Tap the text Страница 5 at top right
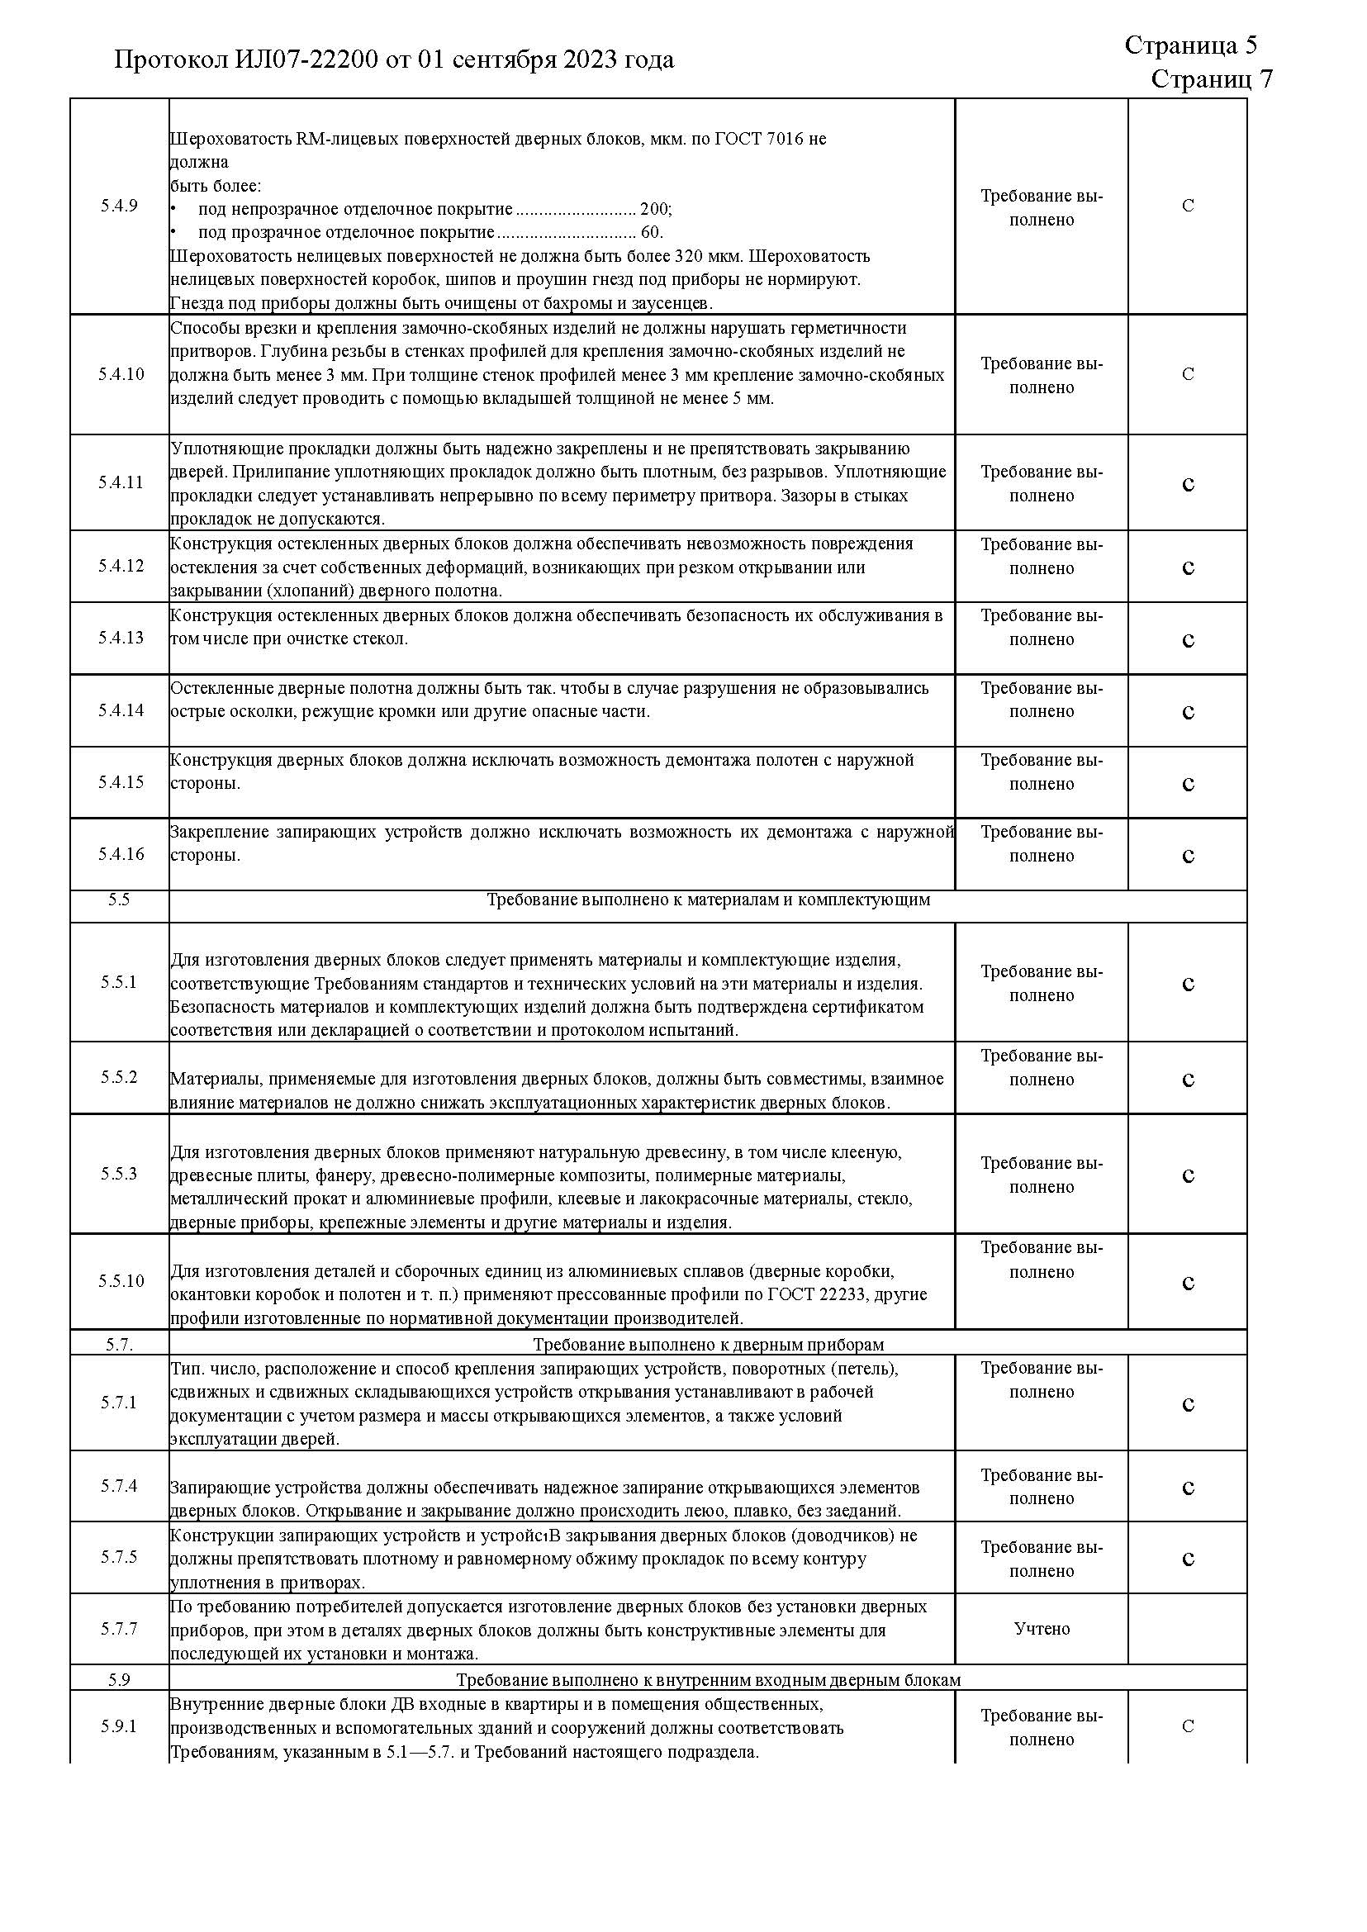click(x=1190, y=45)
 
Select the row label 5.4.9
click(x=119, y=206)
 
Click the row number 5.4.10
click(x=121, y=375)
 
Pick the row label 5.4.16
click(x=121, y=854)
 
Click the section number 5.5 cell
click(x=119, y=900)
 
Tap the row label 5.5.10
click(x=121, y=1281)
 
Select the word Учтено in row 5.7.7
click(x=1042, y=1629)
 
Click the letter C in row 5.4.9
click(x=1188, y=206)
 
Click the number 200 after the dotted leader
click(x=654, y=209)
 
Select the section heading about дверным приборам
click(x=708, y=1346)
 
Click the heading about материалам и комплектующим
click(x=708, y=900)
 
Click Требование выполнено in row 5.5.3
click(x=1042, y=1175)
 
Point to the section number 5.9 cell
click(x=119, y=1680)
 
